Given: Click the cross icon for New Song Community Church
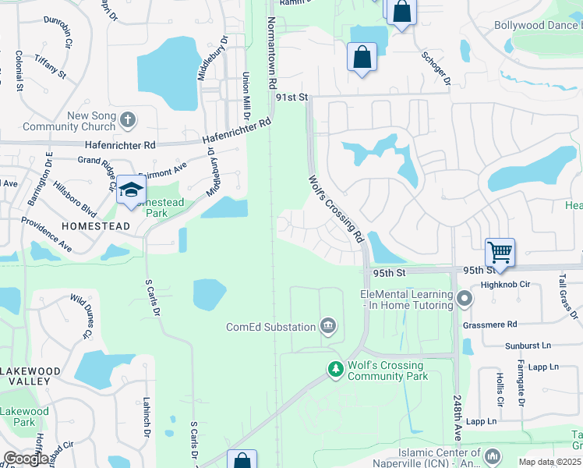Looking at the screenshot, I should click(x=128, y=120).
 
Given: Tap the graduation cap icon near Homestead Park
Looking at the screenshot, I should click(x=131, y=190).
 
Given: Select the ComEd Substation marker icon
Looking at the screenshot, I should click(x=328, y=326).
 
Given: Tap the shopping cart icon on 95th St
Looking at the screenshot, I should click(x=500, y=252).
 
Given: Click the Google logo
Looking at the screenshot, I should click(x=25, y=459).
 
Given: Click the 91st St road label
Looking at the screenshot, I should click(x=292, y=97).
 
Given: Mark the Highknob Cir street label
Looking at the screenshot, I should click(x=505, y=285).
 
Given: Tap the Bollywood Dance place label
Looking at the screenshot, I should click(x=538, y=25).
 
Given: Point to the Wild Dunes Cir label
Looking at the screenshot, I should click(x=82, y=315).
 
